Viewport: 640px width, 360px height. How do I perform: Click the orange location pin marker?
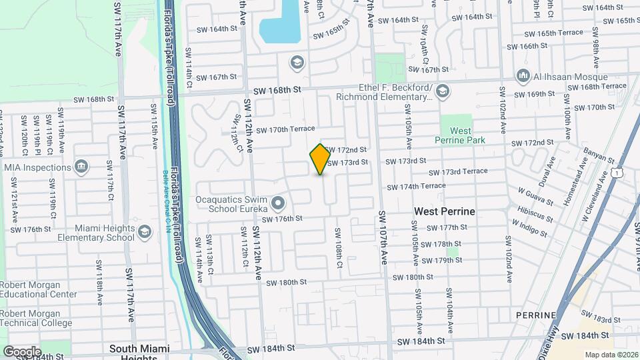pyautogui.click(x=320, y=159)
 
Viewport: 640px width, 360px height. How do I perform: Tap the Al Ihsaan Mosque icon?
pyautogui.click(x=523, y=76)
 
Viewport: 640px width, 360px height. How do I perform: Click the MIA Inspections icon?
pyautogui.click(x=81, y=166)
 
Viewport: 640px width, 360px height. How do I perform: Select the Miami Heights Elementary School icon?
pyautogui.click(x=144, y=232)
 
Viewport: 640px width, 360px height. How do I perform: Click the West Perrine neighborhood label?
pyautogui.click(x=444, y=211)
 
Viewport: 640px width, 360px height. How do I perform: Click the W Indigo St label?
pyautogui.click(x=529, y=229)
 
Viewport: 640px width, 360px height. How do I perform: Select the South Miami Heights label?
pyautogui.click(x=139, y=353)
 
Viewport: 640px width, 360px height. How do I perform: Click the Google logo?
pyautogui.click(x=21, y=351)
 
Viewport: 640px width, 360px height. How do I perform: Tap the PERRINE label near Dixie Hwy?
pyautogui.click(x=535, y=315)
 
